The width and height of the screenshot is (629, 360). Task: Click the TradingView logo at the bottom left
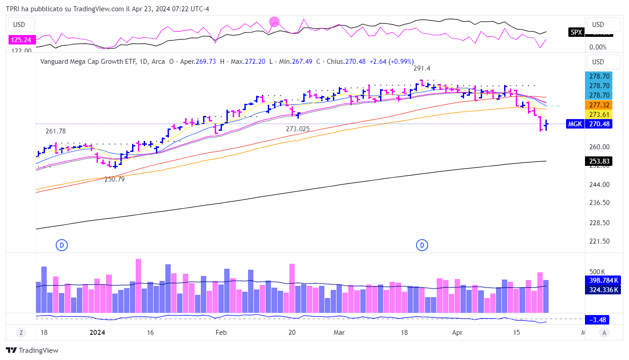pyautogui.click(x=32, y=351)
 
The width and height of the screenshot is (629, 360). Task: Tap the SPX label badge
pyautogui.click(x=576, y=32)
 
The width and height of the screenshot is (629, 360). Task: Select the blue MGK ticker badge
pyautogui.click(x=575, y=124)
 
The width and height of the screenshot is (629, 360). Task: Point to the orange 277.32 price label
pyautogui.click(x=598, y=105)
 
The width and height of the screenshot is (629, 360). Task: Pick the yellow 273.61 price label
pyautogui.click(x=598, y=114)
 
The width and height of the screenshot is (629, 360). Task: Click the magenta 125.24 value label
pyautogui.click(x=22, y=40)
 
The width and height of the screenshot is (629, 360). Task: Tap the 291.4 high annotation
pyautogui.click(x=422, y=68)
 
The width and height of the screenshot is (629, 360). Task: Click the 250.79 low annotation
pyautogui.click(x=115, y=179)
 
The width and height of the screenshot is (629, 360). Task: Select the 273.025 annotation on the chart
pyautogui.click(x=298, y=129)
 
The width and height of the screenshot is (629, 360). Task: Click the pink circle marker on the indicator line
pyautogui.click(x=274, y=21)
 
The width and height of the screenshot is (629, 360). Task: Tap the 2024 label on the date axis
pyautogui.click(x=97, y=333)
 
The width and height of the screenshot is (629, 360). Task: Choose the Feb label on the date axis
pyautogui.click(x=221, y=333)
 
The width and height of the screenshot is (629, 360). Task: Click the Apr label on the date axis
pyautogui.click(x=457, y=333)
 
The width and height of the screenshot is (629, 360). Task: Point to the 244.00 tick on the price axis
pyautogui.click(x=599, y=184)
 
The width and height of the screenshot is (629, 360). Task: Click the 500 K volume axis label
pyautogui.click(x=598, y=271)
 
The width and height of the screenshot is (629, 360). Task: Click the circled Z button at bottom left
pyautogui.click(x=21, y=333)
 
